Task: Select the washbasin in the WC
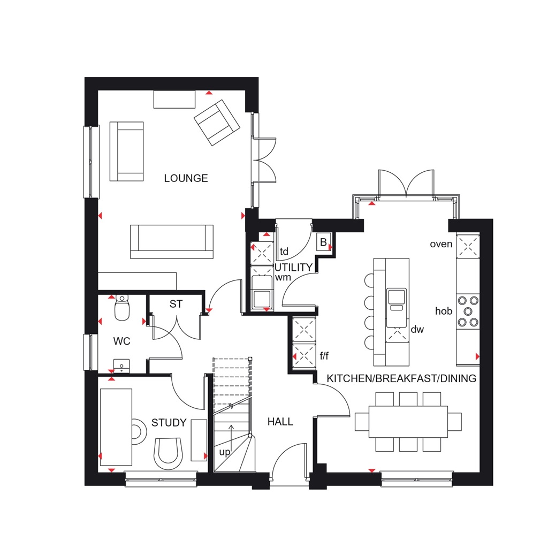click(123, 366)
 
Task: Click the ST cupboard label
click(176, 304)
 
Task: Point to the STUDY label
click(169, 423)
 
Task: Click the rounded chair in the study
click(168, 452)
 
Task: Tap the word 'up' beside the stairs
click(225, 452)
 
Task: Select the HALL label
click(280, 422)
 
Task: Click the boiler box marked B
click(323, 242)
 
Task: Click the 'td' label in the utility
click(284, 252)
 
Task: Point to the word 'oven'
click(441, 244)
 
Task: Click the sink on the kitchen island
click(397, 300)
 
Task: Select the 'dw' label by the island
click(417, 330)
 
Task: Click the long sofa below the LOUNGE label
click(172, 241)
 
